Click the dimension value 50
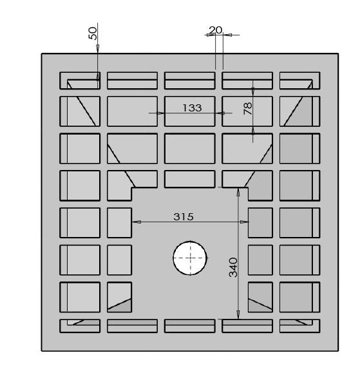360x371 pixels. [93, 33]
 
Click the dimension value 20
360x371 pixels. [216, 30]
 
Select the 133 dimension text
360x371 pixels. [192, 108]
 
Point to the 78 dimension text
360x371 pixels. [248, 108]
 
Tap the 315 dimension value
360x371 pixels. [184, 216]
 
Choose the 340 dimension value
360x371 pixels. [233, 267]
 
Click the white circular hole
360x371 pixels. [190, 258]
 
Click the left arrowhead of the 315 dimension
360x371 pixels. [137, 222]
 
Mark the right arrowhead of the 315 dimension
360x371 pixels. [244, 222]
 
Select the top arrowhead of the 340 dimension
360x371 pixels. [238, 192]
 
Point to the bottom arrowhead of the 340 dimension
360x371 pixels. [238, 315]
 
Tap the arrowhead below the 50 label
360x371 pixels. [98, 48]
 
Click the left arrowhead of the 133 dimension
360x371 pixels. [160, 113]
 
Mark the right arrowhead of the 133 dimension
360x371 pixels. [220, 113]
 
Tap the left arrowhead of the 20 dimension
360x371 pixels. [211, 35]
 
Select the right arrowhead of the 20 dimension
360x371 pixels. [227, 35]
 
